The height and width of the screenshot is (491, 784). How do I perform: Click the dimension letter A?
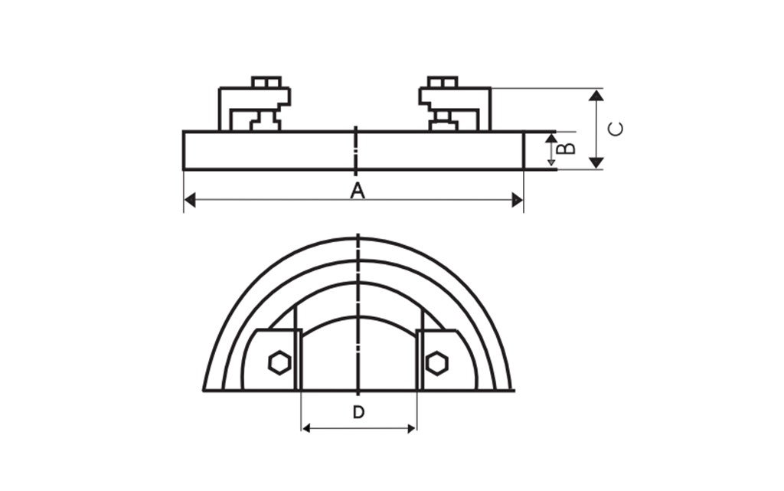(x=357, y=191)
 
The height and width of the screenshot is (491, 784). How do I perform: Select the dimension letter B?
(x=566, y=148)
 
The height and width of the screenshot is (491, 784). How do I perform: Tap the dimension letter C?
(x=616, y=129)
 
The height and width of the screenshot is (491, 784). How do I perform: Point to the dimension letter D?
(x=358, y=413)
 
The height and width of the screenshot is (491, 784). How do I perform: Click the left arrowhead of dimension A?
(x=190, y=201)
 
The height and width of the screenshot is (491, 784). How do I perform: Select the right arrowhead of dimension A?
(x=518, y=201)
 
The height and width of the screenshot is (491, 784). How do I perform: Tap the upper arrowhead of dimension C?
(x=596, y=95)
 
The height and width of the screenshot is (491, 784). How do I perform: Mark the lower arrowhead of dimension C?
(x=596, y=162)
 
